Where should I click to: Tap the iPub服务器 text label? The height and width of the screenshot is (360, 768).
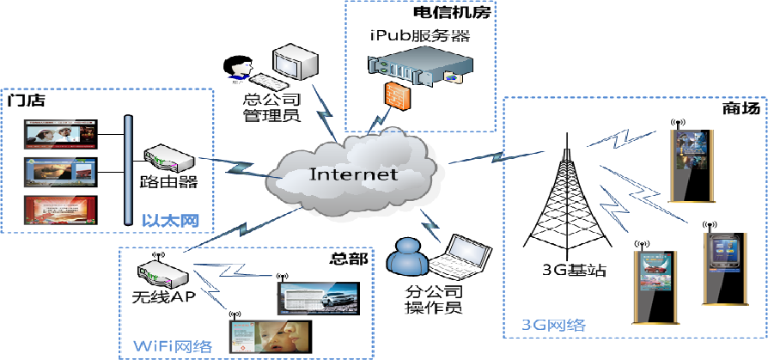click(419, 36)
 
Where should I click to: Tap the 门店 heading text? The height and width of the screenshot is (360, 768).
click(26, 101)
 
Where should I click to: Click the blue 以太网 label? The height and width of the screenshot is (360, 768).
click(170, 222)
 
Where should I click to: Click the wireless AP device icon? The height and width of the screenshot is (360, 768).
click(162, 273)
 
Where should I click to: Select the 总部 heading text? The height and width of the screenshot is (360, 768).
click(349, 258)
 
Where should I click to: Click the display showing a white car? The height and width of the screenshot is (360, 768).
click(317, 297)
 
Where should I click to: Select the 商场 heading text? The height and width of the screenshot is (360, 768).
click(741, 110)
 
